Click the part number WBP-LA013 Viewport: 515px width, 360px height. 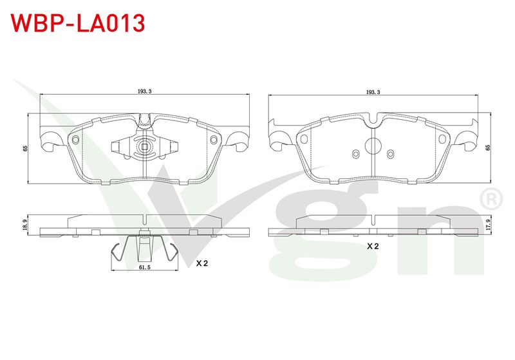click(x=78, y=23)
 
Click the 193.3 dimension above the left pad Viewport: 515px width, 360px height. click(x=144, y=91)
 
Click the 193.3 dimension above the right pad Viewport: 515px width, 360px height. click(x=373, y=92)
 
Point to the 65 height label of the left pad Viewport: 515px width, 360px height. click(x=25, y=149)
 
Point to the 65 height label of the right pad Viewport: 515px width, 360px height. click(x=488, y=147)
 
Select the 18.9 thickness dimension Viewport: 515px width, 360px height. click(x=25, y=225)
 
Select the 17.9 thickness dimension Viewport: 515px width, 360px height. click(x=488, y=225)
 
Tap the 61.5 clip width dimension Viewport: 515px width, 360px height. click(x=144, y=267)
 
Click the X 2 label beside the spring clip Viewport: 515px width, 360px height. click(x=202, y=263)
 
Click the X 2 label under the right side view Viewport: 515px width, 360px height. click(x=373, y=246)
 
